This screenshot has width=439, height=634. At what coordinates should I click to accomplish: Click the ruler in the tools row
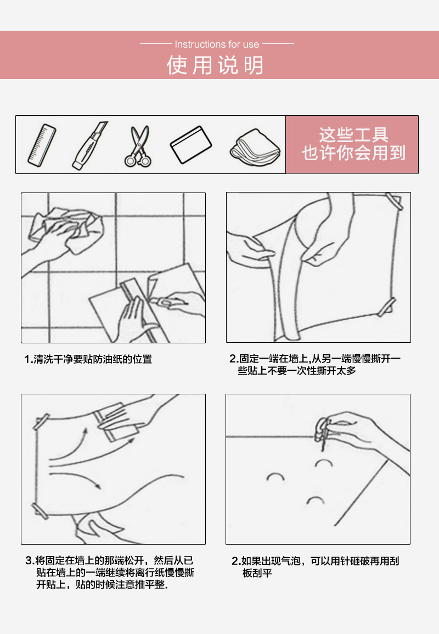click(42, 145)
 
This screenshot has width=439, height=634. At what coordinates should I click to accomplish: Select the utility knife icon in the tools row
click(89, 145)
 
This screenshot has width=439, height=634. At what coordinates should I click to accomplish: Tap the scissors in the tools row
click(138, 146)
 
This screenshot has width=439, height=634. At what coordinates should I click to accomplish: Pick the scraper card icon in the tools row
click(191, 145)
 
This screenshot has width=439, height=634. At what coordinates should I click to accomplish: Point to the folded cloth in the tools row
click(255, 148)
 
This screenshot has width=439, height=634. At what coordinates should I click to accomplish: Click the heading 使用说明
click(216, 65)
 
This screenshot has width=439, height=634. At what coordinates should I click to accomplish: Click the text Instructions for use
click(217, 44)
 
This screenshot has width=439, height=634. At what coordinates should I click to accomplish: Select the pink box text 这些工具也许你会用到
click(353, 144)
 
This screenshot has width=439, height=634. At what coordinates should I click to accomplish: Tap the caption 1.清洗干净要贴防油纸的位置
click(88, 359)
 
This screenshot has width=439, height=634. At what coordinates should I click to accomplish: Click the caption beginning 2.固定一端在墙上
click(315, 364)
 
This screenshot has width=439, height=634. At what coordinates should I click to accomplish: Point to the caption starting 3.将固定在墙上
click(110, 573)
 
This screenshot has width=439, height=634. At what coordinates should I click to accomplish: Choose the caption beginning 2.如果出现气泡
click(315, 567)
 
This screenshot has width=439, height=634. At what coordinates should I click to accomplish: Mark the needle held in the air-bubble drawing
click(324, 440)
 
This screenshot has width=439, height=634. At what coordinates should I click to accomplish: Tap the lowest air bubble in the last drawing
click(315, 499)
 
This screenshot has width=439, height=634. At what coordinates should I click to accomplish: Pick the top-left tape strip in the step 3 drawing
click(41, 422)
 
